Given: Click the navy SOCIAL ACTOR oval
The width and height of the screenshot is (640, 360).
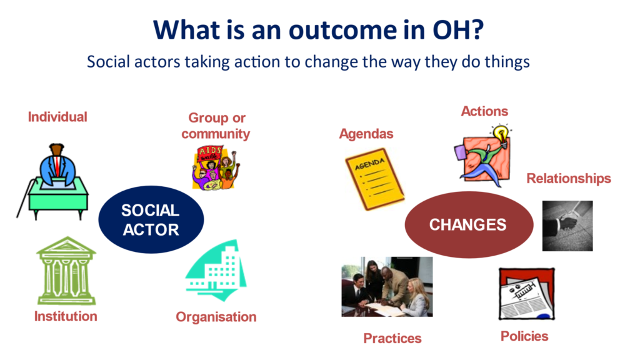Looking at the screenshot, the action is pos(151,219).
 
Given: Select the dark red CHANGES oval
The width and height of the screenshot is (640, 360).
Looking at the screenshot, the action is pos(469,224).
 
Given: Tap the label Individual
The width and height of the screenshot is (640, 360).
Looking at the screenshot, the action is pos(57,117).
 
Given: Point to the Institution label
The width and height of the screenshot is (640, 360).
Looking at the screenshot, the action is pos(66,316).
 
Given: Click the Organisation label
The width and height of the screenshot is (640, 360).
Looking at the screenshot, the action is pos(216,317).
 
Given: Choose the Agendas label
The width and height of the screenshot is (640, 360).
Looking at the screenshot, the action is pos(366,134).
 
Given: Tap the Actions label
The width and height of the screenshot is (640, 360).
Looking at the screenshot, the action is pos(484,111).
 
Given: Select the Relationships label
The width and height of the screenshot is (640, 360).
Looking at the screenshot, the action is pos(569,178).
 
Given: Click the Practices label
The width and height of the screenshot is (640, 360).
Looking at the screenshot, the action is pos(392,338).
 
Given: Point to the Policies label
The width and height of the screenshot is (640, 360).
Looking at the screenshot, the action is pos(524,336).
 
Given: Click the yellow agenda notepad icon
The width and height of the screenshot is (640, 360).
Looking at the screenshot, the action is pos(375,179).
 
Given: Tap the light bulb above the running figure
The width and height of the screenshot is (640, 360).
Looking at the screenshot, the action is pos(501,134).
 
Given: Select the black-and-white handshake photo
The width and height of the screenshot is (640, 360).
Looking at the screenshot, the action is pos(567,226).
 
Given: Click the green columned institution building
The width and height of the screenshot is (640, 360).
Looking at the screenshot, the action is pos(66,271).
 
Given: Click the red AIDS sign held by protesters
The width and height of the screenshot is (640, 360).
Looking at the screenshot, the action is pos(209,154).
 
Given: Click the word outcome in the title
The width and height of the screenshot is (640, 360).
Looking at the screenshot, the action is pos(342,30).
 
